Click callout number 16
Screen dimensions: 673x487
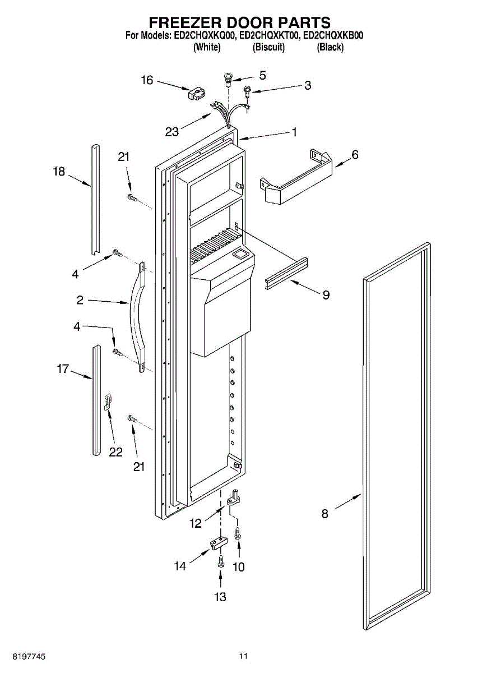[147, 80]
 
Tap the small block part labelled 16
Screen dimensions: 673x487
[195, 94]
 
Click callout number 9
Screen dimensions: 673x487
[326, 294]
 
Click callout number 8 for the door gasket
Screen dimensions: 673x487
[325, 513]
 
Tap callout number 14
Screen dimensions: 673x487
[179, 566]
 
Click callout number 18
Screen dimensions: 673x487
[59, 172]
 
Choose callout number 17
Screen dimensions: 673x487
[63, 369]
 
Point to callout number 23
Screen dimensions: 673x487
[172, 132]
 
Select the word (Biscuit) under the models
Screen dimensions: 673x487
[270, 48]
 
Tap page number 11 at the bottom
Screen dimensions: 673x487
[243, 655]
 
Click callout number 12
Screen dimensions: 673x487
[196, 524]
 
